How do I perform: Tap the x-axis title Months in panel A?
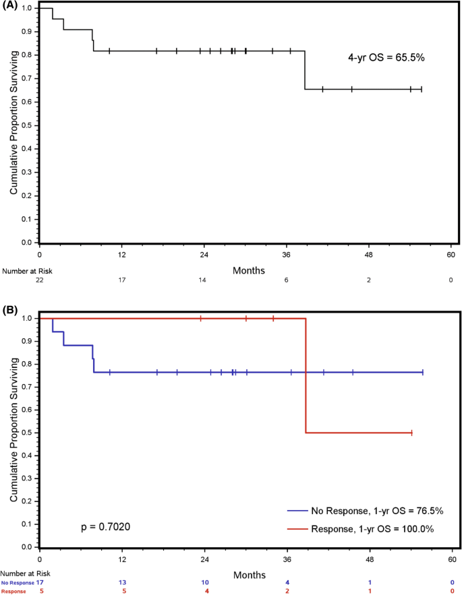(248, 270)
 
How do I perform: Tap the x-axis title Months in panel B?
(248, 575)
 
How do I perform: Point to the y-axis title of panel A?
(13, 125)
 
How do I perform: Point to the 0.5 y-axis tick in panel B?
(28, 433)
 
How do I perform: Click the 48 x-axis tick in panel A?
(369, 255)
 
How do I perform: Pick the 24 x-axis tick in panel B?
(204, 560)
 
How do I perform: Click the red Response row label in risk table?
(13, 590)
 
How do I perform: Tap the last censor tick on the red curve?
(411, 433)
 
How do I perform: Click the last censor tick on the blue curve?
(422, 372)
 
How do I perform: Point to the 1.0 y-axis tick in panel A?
(28, 8)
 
